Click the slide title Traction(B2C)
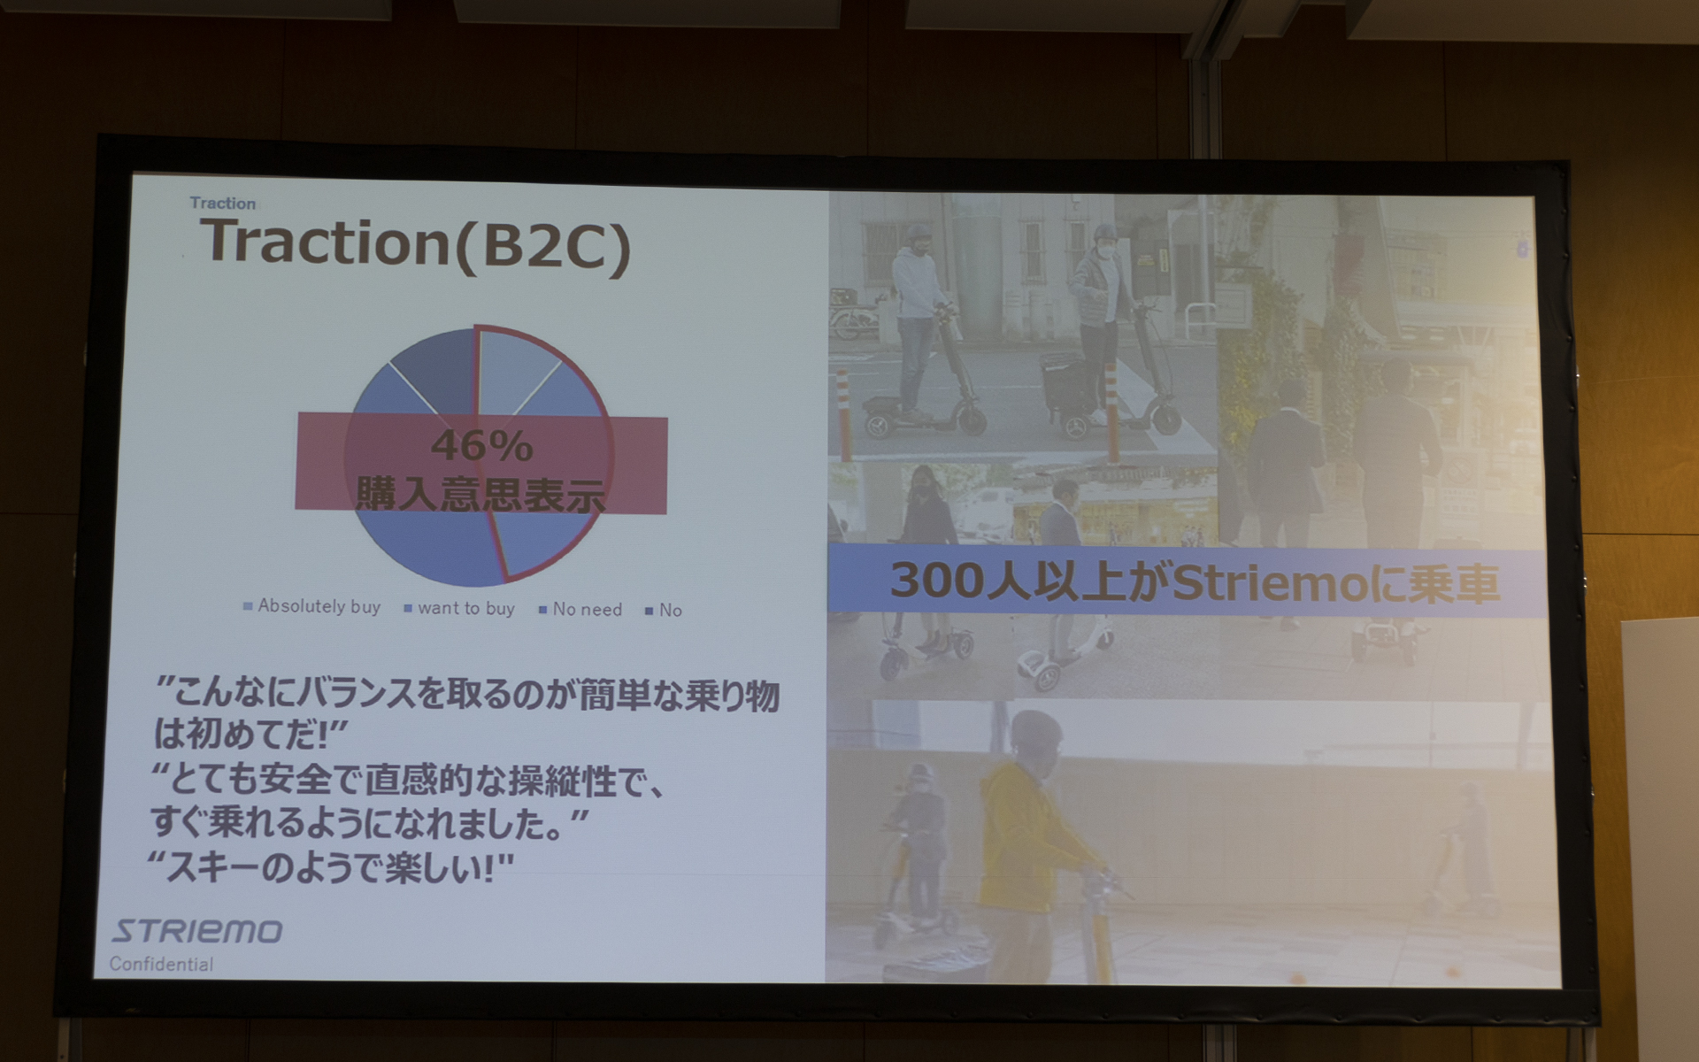coord(416,243)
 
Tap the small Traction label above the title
coord(222,204)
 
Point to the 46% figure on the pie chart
coord(481,445)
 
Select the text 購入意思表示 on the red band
coord(480,494)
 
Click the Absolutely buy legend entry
coord(318,606)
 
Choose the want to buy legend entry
coord(465,608)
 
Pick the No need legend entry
coord(586,609)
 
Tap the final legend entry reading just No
coord(669,610)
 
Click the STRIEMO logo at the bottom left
coord(196,931)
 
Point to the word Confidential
coord(161,964)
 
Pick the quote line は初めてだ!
coord(250,733)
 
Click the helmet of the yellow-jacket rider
coord(1036,731)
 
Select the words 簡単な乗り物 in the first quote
coord(679,696)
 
